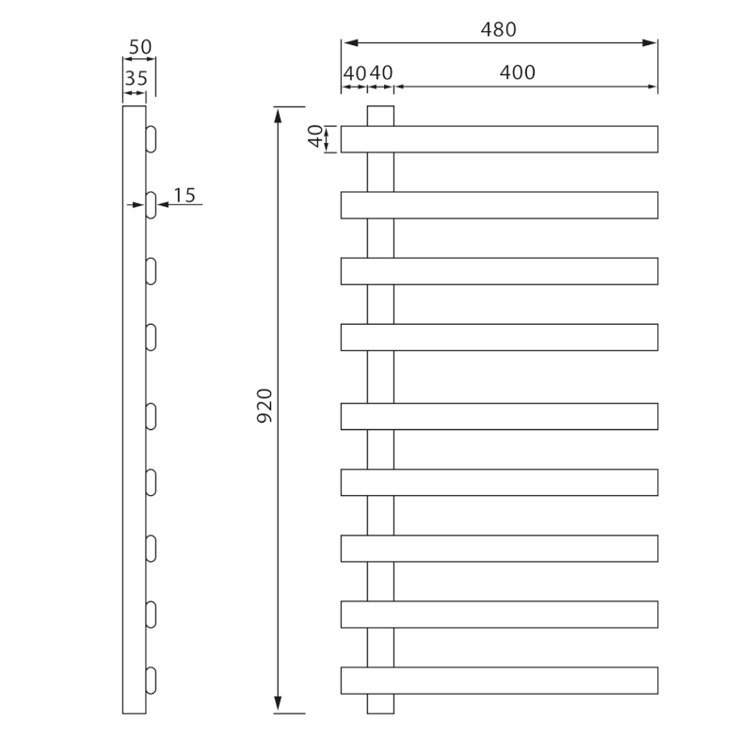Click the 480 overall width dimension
coord(498,29)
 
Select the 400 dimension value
coord(517,72)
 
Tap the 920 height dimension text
coord(264,404)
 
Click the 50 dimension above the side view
coord(140,47)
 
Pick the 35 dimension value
coord(136,78)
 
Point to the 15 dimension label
coord(184,195)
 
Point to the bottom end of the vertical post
coord(380,705)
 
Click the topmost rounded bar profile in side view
coord(151,139)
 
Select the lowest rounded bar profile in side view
coord(151,681)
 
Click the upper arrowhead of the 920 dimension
coord(278,114)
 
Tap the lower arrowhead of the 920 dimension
coord(278,706)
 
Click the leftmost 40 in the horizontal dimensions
coord(354,72)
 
